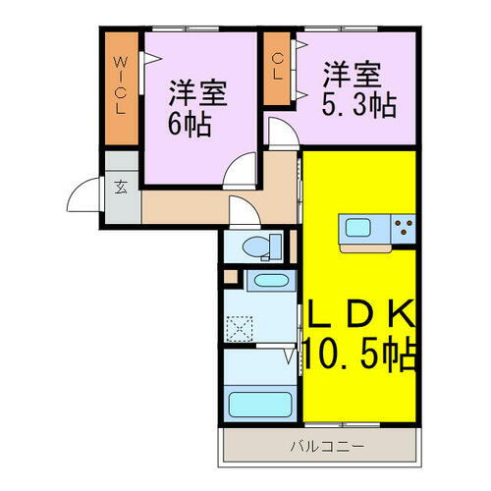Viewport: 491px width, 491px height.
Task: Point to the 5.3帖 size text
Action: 357,103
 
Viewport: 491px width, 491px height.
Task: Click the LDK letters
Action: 358,317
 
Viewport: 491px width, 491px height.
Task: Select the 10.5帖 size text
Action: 358,351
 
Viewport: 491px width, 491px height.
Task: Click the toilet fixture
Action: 257,246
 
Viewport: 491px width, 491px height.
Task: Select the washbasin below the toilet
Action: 266,283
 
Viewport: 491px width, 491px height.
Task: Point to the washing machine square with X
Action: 238,326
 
